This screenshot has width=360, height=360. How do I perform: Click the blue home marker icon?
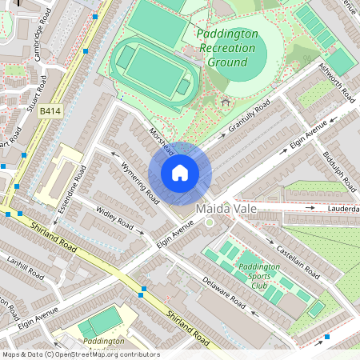[180, 173]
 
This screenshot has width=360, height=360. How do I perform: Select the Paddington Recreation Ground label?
[228, 48]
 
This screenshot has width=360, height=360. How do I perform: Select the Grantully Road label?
[250, 118]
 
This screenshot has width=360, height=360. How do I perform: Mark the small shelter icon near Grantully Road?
[225, 102]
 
